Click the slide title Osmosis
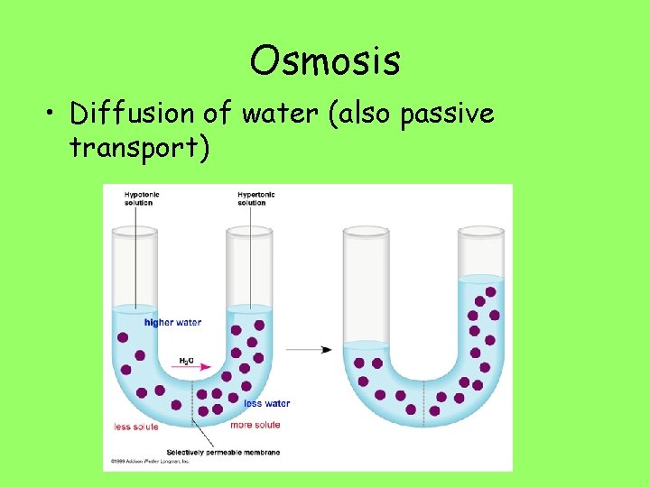325,61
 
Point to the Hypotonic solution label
139,198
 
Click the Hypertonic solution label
256,198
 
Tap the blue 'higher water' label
172,322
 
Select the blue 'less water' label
266,404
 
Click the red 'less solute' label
136,426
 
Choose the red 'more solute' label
255,425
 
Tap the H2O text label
185,361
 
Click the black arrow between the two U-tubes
313,350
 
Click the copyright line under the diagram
151,462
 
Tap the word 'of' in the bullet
216,114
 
